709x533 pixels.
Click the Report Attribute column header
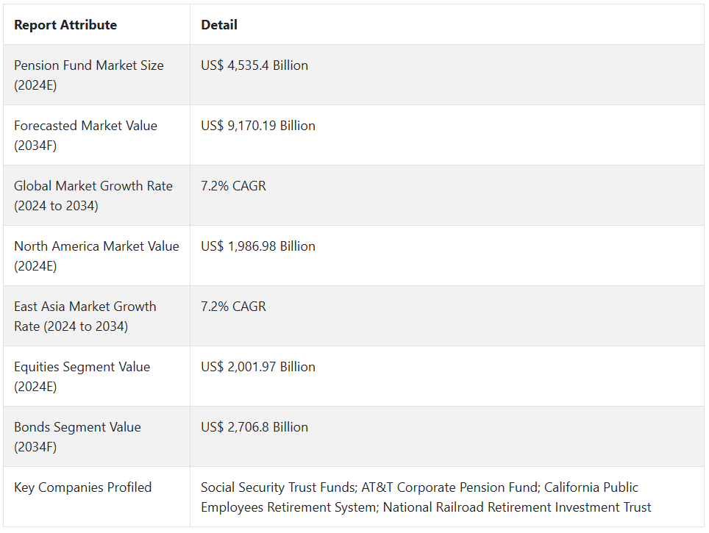[x=65, y=25]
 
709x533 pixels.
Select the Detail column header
[x=219, y=25]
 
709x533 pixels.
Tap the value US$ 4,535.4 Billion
[x=254, y=65]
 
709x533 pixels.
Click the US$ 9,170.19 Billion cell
[x=258, y=126]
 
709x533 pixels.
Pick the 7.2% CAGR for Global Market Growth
[x=233, y=186]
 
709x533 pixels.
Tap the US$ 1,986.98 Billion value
[x=258, y=246]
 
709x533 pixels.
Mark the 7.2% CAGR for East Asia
[x=233, y=307]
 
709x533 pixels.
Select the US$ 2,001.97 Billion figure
[x=258, y=367]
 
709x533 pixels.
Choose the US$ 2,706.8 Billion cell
[x=254, y=427]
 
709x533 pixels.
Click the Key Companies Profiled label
[x=83, y=487]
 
